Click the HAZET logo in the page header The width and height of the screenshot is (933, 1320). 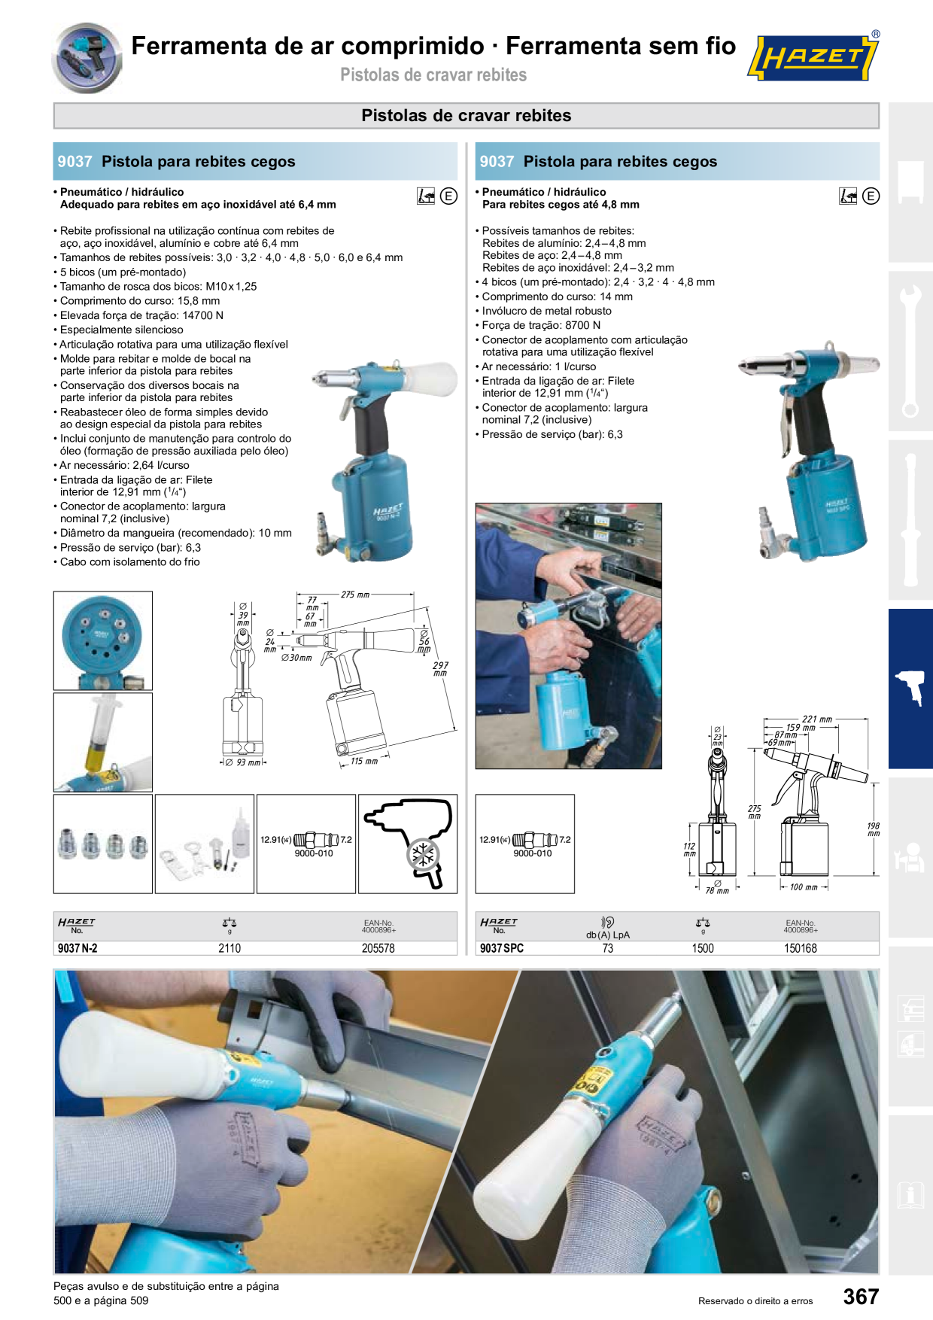point(813,56)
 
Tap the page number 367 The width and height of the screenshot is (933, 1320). point(861,1296)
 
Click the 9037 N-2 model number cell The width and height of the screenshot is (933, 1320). point(77,948)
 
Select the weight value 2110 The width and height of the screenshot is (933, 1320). point(229,948)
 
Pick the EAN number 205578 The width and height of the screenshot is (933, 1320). point(378,948)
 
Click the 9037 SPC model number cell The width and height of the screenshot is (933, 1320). point(502,948)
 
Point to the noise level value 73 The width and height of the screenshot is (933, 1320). point(608,948)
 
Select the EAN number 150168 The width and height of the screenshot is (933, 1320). point(801,948)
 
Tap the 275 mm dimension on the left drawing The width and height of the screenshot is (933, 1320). point(355,595)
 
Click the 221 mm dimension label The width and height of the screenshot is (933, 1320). point(817,719)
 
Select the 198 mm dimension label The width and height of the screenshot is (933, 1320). point(874,829)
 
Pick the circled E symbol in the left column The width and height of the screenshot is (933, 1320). point(448,196)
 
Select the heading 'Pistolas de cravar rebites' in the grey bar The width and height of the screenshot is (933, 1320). point(466,115)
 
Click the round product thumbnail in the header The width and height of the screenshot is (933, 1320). point(87,58)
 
